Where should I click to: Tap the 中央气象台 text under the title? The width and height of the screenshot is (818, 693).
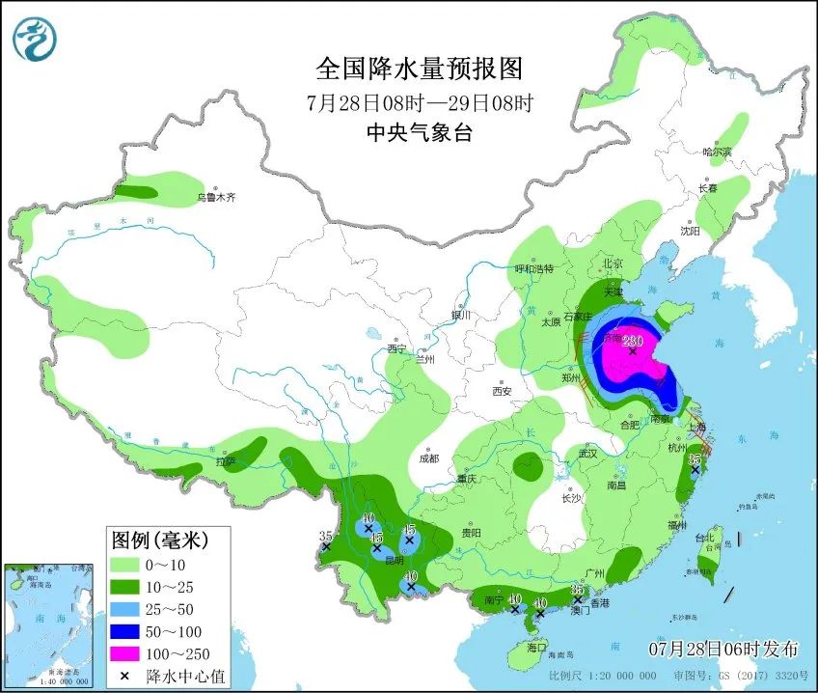(x=419, y=133)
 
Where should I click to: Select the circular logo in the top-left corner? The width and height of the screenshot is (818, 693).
(x=35, y=40)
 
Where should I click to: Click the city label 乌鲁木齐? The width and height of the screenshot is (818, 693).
(x=216, y=197)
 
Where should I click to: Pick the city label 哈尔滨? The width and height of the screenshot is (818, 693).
(x=717, y=152)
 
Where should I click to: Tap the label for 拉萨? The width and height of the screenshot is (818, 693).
(x=226, y=461)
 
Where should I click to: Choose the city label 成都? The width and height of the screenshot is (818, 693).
(x=429, y=457)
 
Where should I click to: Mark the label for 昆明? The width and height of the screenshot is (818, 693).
(x=395, y=560)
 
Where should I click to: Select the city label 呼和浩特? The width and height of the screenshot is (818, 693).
(x=533, y=269)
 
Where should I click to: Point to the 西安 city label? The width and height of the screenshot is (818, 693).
(x=501, y=391)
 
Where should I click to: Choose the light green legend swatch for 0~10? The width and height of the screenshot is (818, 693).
(x=123, y=563)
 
